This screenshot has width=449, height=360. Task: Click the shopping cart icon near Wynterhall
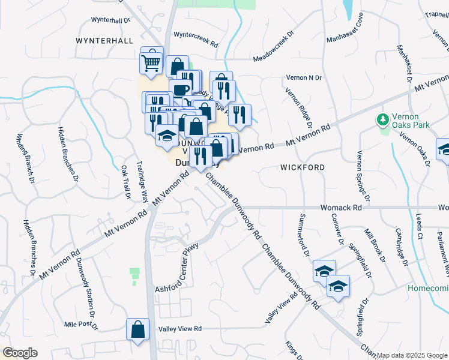(x=151, y=62)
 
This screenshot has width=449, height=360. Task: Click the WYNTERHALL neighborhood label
(x=104, y=40)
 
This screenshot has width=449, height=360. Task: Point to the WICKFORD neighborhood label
(x=303, y=167)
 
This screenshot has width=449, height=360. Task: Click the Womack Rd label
(x=340, y=207)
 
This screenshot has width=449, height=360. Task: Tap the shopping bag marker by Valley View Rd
(x=137, y=329)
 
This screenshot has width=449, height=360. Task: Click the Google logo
(x=19, y=353)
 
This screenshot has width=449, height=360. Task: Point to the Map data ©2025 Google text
(x=412, y=355)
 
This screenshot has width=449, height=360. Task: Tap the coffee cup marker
(x=180, y=90)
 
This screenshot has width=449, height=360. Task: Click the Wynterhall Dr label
(x=110, y=20)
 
